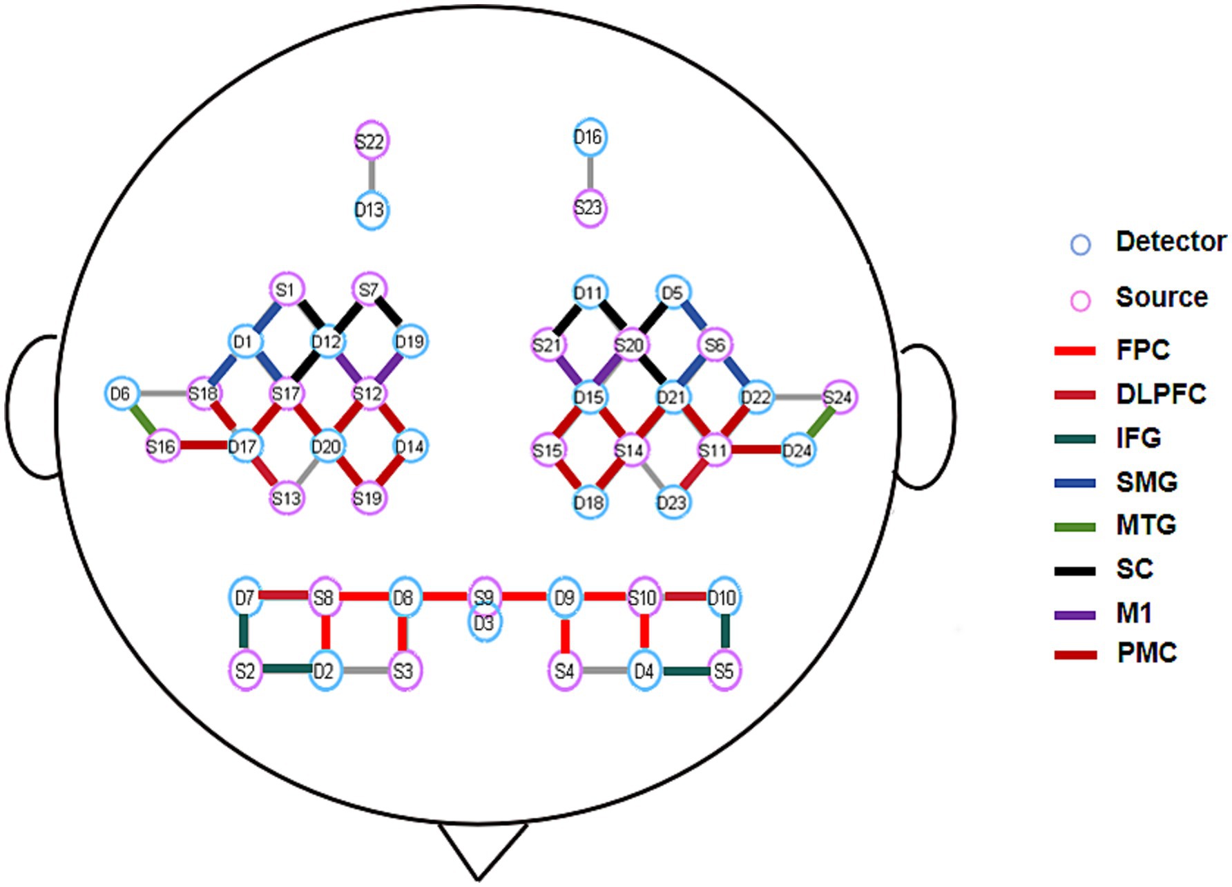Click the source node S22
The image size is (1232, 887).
pos(371,142)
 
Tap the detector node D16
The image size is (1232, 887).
pos(588,137)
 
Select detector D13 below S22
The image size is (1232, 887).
pos(371,209)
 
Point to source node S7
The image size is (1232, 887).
pos(369,289)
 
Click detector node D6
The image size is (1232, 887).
pos(120,394)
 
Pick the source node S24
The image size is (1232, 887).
pos(838,397)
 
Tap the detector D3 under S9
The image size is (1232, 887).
pos(485,624)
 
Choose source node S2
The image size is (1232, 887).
pos(245,671)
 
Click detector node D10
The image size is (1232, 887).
pos(722,598)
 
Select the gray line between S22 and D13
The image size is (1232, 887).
pos(372,175)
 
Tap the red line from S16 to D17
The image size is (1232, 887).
pos(202,446)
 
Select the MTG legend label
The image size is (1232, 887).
pos(1146,525)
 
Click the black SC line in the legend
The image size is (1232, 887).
pos(1075,571)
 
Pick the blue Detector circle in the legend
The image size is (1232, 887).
pos(1080,245)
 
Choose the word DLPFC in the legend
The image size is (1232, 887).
pos(1161,394)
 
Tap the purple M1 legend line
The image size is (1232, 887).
pos(1075,615)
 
